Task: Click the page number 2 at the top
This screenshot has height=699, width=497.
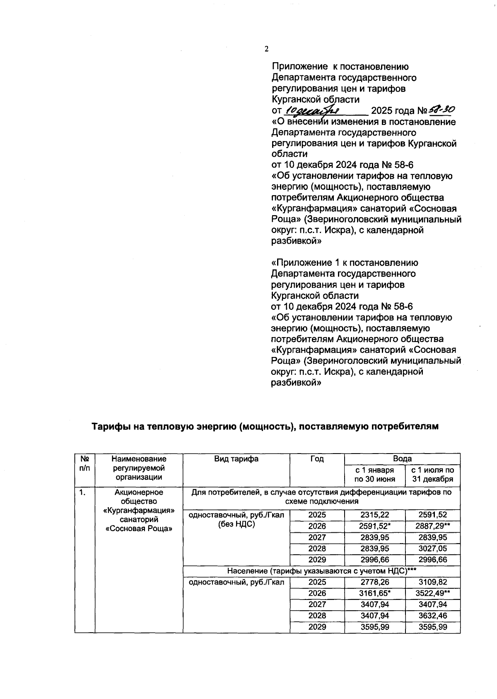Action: (266, 49)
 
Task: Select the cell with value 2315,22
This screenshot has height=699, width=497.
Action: (374, 515)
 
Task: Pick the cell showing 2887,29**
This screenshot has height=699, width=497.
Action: (433, 526)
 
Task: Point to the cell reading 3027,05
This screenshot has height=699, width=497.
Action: (433, 549)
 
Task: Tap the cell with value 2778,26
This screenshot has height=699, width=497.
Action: (374, 582)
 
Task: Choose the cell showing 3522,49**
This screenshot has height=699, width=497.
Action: (433, 593)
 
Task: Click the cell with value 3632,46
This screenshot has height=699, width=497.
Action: (433, 616)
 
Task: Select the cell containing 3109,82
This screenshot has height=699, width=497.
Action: (433, 582)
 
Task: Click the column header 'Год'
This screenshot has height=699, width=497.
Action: (317, 459)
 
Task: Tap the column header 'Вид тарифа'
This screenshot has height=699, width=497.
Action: (236, 459)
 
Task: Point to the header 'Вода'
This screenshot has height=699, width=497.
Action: (402, 459)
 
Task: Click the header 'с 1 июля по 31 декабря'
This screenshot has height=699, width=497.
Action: (432, 475)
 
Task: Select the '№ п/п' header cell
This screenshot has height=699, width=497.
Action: (85, 463)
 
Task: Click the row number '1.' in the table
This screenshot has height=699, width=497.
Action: (83, 493)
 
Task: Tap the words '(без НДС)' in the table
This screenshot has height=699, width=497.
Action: (236, 524)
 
